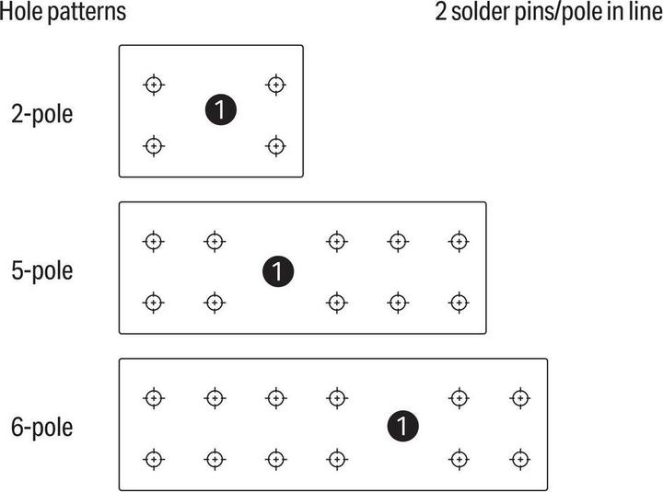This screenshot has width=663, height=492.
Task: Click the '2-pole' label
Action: (x=41, y=114)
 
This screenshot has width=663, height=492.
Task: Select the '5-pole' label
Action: (x=41, y=270)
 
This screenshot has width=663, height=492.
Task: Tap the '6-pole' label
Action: (x=41, y=427)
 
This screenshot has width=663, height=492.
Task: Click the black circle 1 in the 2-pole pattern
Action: (x=221, y=109)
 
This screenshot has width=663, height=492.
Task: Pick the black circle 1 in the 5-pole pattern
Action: (x=278, y=271)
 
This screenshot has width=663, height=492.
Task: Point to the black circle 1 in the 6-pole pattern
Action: (x=403, y=426)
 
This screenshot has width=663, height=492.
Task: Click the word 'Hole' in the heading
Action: (x=21, y=11)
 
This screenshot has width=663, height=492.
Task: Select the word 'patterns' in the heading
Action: (x=87, y=13)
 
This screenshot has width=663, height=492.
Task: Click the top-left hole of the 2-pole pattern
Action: (x=154, y=85)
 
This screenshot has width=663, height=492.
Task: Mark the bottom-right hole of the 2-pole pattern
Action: (x=276, y=146)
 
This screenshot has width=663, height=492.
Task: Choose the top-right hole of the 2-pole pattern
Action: (x=276, y=85)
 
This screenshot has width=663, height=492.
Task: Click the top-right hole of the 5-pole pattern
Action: (x=459, y=242)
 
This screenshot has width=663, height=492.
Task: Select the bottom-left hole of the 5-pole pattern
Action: (x=154, y=303)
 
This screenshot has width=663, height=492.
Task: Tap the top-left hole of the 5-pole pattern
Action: (x=154, y=242)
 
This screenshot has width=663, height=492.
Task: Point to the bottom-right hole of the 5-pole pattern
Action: (x=459, y=303)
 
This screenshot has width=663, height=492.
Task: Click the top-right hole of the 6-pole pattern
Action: (x=520, y=398)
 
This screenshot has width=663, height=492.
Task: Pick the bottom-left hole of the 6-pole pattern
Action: (x=154, y=460)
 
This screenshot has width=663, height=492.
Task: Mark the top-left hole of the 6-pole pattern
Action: (x=154, y=398)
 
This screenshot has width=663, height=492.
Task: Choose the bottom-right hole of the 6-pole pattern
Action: (x=520, y=460)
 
